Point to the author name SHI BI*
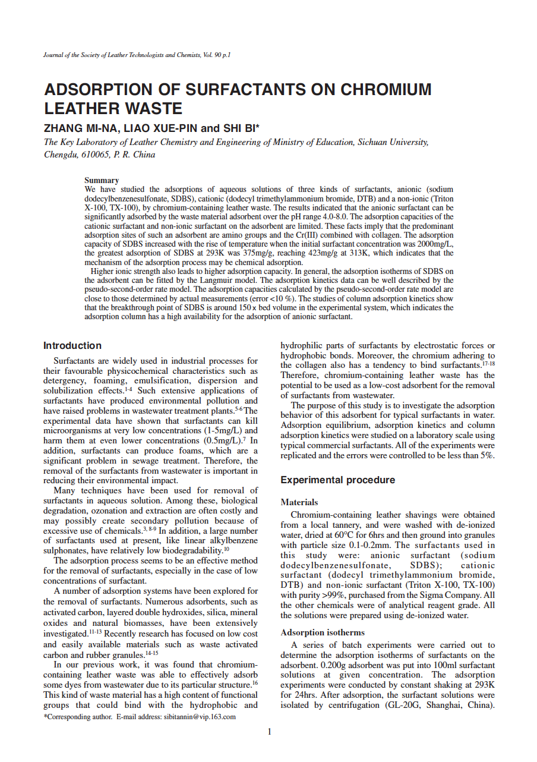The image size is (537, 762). pyautogui.click(x=241, y=128)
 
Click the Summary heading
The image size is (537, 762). pyautogui.click(x=102, y=180)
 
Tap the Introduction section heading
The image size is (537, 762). pyautogui.click(x=72, y=345)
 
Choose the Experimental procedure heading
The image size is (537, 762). pyautogui.click(x=337, y=480)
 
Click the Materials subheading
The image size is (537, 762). pyautogui.click(x=299, y=502)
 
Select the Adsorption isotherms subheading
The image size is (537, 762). pyautogui.click(x=323, y=632)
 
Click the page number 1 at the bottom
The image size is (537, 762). pyautogui.click(x=269, y=732)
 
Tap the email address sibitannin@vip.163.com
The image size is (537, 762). pyautogui.click(x=200, y=717)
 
